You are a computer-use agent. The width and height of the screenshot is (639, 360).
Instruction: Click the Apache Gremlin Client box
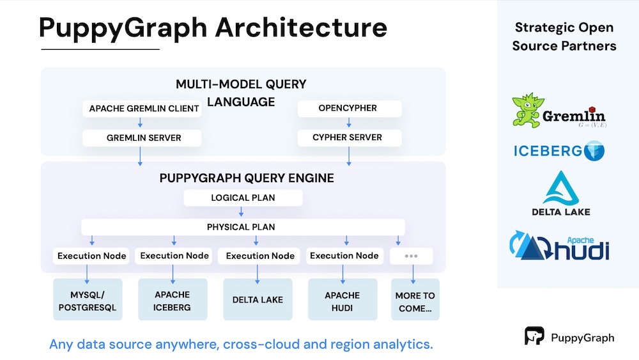pyautogui.click(x=142, y=109)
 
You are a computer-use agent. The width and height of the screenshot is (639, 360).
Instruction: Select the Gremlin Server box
pyautogui.click(x=142, y=138)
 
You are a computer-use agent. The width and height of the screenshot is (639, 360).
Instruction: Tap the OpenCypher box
pyautogui.click(x=350, y=109)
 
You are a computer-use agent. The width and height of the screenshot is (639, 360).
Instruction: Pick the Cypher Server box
pyautogui.click(x=350, y=138)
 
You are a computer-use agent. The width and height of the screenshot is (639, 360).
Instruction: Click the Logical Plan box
pyautogui.click(x=243, y=198)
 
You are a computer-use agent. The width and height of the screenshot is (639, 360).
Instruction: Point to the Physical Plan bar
pyautogui.click(x=243, y=227)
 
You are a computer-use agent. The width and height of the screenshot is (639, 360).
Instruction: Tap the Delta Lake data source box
pyautogui.click(x=258, y=300)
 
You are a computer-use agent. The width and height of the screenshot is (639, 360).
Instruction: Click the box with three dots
pyautogui.click(x=411, y=256)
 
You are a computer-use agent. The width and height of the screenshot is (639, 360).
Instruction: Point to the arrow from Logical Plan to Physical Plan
pyautogui.click(x=242, y=211)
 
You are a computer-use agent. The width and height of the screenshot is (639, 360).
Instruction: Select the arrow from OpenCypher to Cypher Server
pyautogui.click(x=349, y=122)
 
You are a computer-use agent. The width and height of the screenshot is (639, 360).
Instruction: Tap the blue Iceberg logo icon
pyautogui.click(x=594, y=151)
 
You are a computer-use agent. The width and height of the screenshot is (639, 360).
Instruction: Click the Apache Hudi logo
pyautogui.click(x=560, y=246)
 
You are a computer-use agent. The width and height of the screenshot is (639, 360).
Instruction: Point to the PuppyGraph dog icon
pyautogui.click(x=534, y=336)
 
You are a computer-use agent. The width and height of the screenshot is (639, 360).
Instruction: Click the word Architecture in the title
pyautogui.click(x=301, y=27)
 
